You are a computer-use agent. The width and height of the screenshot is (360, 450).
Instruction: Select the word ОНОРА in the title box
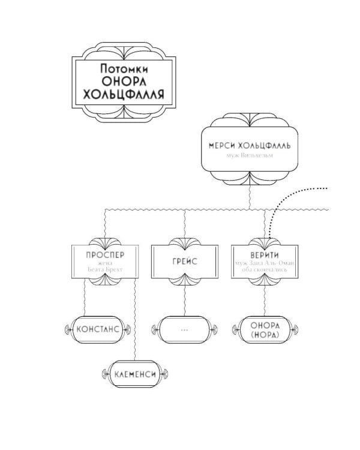[x=124, y=82]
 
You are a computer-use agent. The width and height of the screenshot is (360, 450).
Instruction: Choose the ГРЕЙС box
[x=184, y=261]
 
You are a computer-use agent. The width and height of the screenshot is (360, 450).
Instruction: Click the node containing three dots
[x=184, y=329]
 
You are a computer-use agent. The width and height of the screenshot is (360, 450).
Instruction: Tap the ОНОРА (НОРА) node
[x=264, y=329]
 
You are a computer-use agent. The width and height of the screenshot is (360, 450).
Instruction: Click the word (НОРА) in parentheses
[x=264, y=335]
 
